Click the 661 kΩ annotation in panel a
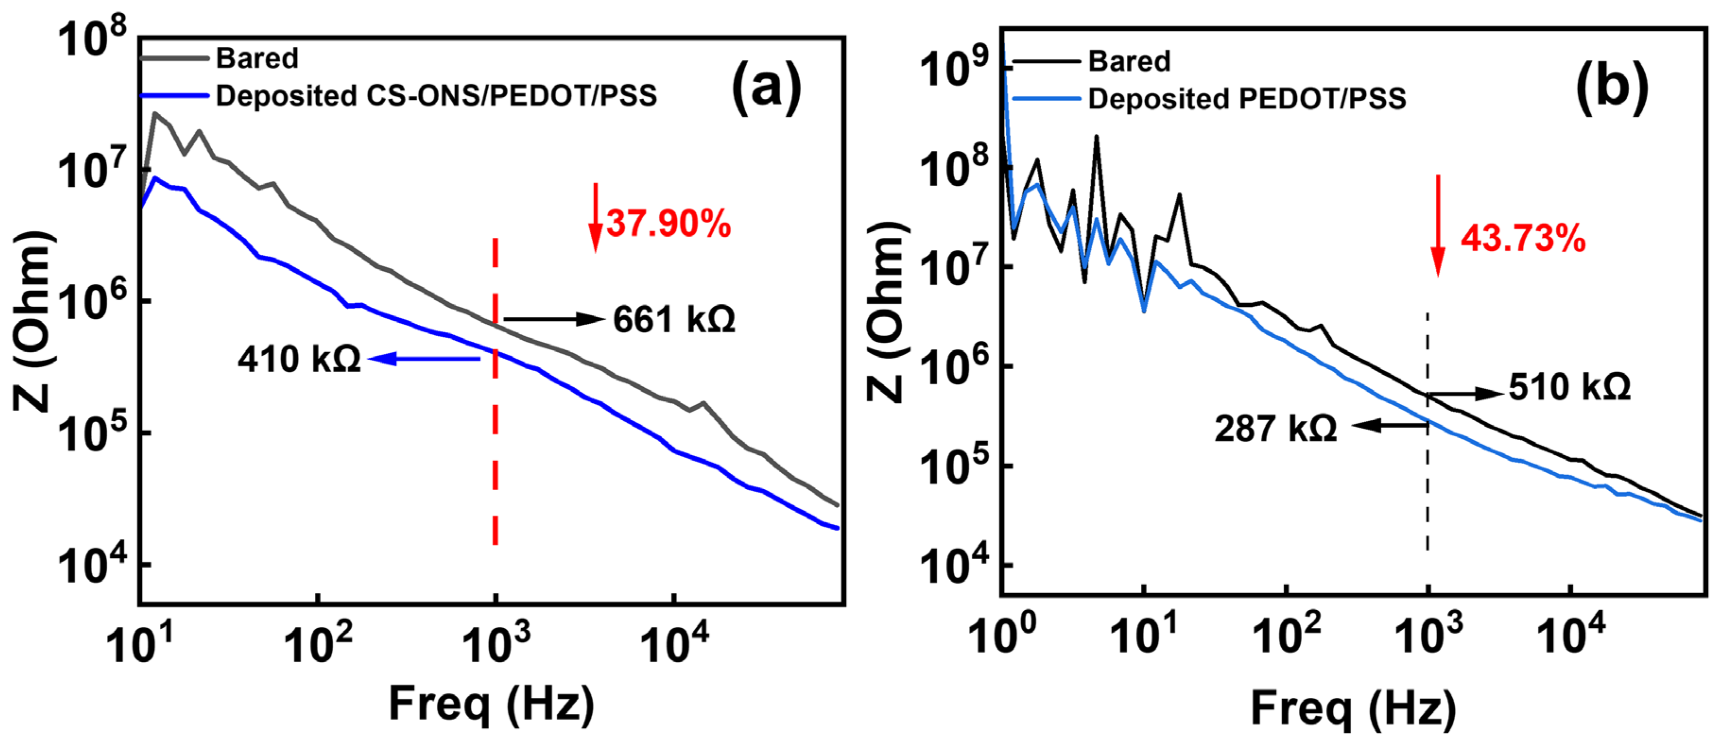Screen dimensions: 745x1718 coord(673,320)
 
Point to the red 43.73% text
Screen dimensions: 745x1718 coord(1523,238)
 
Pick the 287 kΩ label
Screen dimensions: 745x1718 coord(1275,428)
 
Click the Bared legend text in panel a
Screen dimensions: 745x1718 coord(257,59)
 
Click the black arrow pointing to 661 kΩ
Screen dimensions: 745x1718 coord(553,320)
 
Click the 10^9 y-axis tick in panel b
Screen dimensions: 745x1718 coord(954,67)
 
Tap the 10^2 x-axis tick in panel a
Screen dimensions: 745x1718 coord(318,644)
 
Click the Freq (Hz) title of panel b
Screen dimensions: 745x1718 coord(1353,708)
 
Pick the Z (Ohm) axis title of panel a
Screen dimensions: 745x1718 coord(32,320)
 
